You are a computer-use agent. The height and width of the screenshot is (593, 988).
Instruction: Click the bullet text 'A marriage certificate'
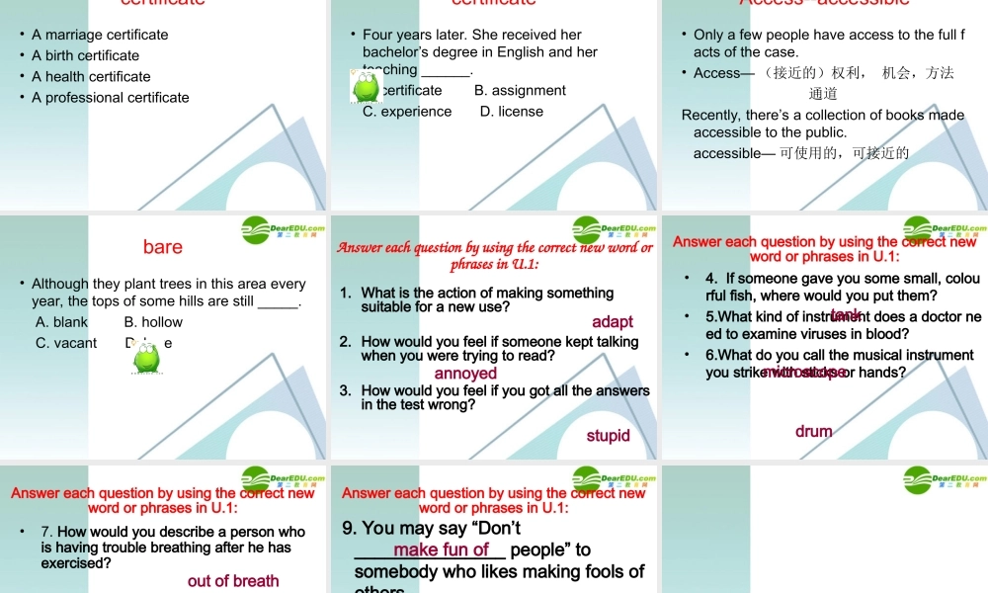(100, 35)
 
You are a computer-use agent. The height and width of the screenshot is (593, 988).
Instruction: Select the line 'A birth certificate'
(85, 55)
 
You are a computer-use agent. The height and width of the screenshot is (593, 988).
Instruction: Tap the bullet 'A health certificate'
(91, 76)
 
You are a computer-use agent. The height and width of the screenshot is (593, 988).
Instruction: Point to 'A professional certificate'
(110, 97)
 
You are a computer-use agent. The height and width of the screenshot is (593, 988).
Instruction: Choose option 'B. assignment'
(520, 90)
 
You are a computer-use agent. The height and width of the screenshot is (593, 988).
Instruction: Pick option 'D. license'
(512, 112)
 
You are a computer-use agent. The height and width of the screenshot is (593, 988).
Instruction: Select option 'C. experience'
(407, 112)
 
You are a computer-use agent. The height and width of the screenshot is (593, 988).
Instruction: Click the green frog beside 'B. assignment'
(368, 88)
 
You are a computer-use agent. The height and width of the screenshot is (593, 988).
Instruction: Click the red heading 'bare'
(162, 246)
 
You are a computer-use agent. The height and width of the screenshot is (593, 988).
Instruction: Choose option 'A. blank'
(61, 322)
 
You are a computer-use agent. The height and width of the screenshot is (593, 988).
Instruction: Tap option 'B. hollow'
(153, 322)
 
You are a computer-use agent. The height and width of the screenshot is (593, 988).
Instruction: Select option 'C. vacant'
(66, 343)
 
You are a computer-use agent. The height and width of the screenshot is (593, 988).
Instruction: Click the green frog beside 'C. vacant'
(147, 359)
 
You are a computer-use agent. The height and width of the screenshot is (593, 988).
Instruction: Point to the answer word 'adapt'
(613, 322)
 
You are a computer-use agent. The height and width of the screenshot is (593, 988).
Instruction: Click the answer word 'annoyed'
(465, 374)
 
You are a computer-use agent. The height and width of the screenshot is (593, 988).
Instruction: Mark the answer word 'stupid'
(608, 436)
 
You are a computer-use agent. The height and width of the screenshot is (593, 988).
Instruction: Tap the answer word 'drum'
(813, 432)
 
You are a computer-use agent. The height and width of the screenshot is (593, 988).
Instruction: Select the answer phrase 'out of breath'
(233, 581)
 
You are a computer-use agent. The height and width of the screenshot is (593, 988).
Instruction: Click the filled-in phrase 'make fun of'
(441, 550)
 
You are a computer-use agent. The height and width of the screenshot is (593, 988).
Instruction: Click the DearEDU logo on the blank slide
(945, 480)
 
